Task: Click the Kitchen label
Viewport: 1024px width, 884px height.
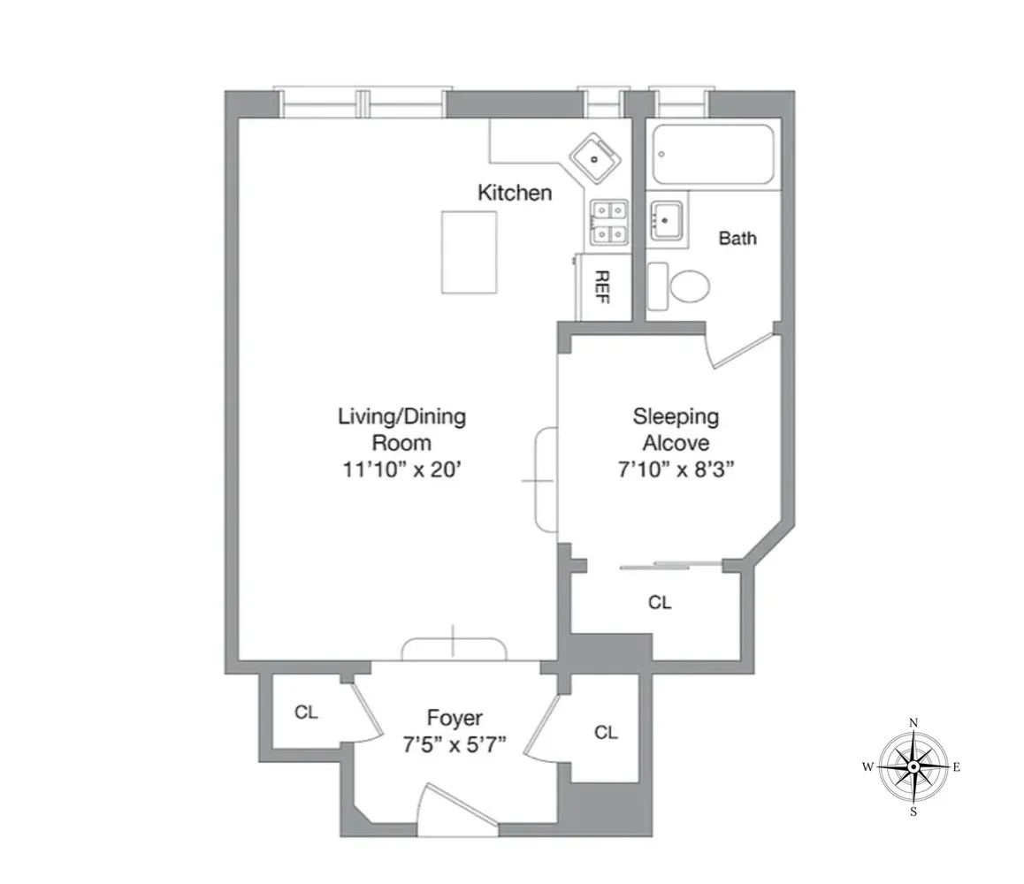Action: point(515,193)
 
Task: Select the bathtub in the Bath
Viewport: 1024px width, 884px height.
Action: point(713,154)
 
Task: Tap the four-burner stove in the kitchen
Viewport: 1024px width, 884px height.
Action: point(609,222)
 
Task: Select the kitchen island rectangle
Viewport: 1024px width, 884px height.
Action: point(469,253)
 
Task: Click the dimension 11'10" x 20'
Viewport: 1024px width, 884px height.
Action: point(401,470)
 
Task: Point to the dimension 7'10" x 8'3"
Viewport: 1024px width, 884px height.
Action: point(676,470)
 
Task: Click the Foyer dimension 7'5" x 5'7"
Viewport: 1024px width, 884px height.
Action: point(455,743)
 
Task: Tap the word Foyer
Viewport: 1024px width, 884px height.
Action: point(455,717)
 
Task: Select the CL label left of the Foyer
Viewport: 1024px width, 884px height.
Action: point(306,713)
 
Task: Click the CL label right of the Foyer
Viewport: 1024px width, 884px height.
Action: point(606,732)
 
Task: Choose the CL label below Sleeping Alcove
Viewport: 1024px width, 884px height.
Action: point(660,603)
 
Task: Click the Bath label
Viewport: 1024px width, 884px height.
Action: point(737,238)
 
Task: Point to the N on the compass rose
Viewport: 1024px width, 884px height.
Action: point(913,723)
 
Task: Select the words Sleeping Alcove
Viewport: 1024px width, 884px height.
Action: point(676,429)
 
